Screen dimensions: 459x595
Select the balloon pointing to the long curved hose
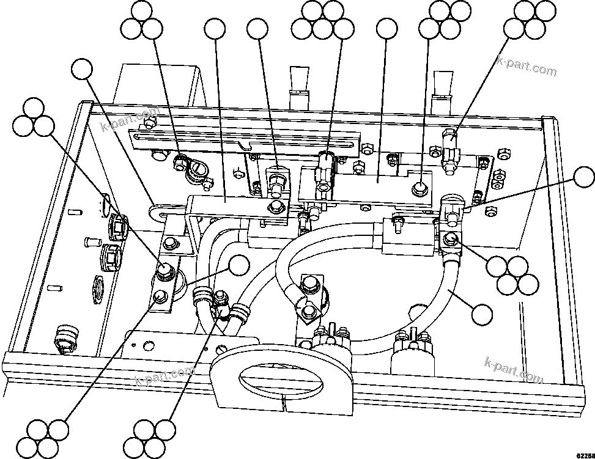[x=482, y=314]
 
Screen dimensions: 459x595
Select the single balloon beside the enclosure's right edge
[x=583, y=178]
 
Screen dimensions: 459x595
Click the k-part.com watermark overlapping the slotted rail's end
[x=130, y=121]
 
